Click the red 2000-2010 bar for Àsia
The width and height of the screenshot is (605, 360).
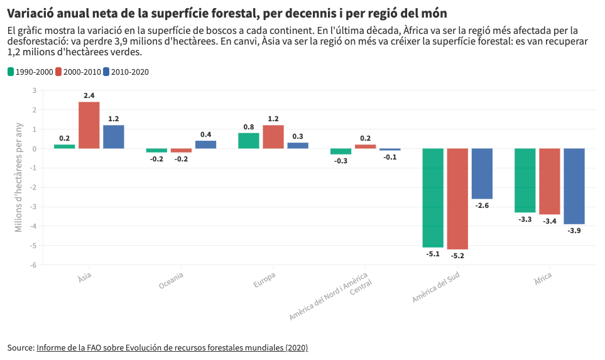click(89, 125)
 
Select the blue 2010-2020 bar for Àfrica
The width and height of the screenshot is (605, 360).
click(574, 186)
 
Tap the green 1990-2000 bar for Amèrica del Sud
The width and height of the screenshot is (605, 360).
click(433, 198)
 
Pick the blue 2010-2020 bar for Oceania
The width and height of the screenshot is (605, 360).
click(205, 145)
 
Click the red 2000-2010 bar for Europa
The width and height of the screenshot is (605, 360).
click(273, 137)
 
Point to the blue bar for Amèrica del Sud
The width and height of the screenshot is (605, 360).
click(482, 173)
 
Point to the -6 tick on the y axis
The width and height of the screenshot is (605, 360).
click(34, 265)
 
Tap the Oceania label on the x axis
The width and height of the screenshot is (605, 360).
click(172, 280)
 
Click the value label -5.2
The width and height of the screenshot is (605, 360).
click(457, 256)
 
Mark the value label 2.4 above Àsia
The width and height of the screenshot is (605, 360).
click(89, 95)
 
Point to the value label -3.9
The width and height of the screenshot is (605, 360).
click(574, 231)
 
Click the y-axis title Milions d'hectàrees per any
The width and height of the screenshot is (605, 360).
click(19, 178)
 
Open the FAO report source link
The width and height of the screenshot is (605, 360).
click(172, 347)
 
